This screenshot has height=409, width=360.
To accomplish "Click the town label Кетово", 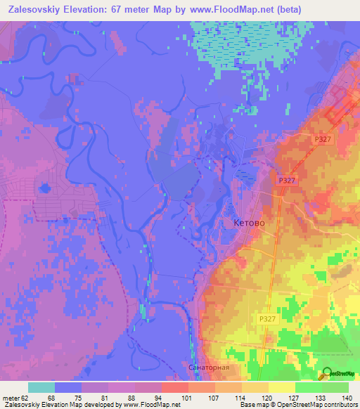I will pos(247,222).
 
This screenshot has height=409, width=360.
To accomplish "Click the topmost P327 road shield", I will pos(323,140).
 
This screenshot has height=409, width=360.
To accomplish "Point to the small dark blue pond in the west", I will pos(44,188).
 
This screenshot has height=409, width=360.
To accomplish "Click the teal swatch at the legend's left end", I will pos(41,387).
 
